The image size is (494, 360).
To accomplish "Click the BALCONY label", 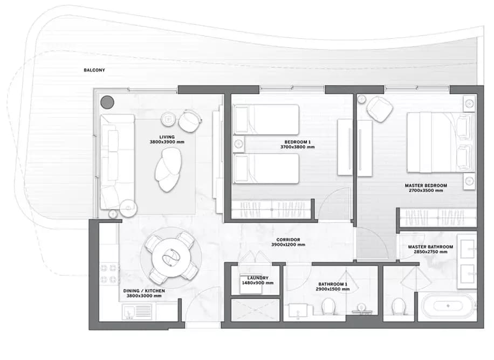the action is tap(94, 70).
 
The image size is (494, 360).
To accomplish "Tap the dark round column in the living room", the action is tap(107, 102).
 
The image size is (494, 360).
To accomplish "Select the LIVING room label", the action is tap(167, 137).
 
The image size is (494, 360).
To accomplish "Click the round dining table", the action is tap(170, 257).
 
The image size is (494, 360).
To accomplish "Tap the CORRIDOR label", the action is tap(289, 240).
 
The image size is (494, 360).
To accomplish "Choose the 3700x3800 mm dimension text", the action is tap(297, 147).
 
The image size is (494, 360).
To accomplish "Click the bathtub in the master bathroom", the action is tap(448, 306).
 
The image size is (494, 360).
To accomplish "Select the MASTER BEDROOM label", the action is tap(426, 185).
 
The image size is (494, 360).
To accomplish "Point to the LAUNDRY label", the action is tap(258, 278).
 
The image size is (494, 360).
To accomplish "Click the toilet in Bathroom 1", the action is tap(328, 306).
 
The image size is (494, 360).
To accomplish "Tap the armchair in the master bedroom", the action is tap(379, 109).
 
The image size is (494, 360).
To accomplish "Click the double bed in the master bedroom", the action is tap(441, 142).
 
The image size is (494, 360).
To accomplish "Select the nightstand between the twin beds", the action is tap(238, 144).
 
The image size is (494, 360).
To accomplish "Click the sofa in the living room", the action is tap(117, 162).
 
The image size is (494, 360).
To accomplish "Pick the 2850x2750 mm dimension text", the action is tap(430, 252).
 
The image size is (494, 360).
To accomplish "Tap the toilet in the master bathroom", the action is tap(399, 306).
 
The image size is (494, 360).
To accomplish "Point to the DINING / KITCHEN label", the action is tap(144, 290).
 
